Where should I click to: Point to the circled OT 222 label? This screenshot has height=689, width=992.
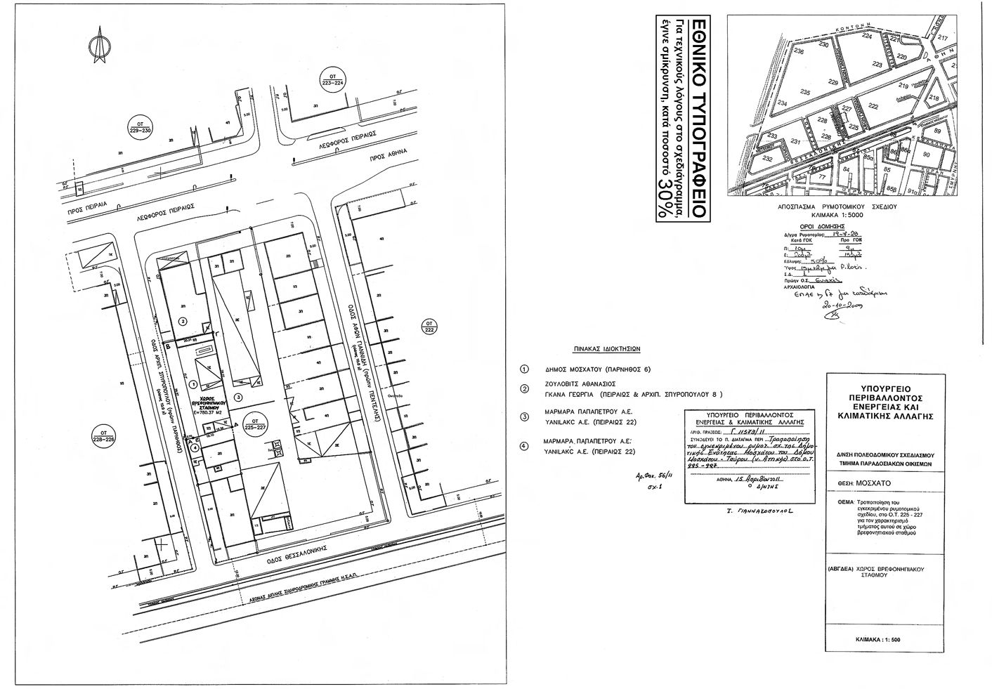click(x=429, y=327)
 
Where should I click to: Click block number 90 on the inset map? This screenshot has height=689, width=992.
click(x=927, y=155)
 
